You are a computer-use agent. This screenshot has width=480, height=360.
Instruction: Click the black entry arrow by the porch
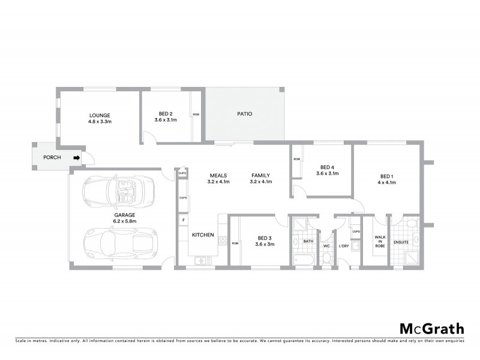pos(76,158)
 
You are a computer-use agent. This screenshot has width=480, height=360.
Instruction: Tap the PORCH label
pos(52,158)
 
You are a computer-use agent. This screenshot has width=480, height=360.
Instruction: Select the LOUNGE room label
pos(100,115)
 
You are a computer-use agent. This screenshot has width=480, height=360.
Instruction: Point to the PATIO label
pos(244,113)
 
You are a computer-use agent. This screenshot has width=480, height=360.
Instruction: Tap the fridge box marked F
pos(182,220)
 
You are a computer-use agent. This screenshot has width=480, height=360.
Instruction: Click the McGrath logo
pos(431,328)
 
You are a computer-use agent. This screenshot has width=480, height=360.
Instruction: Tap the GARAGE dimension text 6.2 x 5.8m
pos(125,221)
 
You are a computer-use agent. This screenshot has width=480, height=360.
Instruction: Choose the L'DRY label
pos(344,246)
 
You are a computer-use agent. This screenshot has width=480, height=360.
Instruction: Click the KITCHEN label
pos(203,235)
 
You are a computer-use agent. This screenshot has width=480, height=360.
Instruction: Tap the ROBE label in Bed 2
pos(196,115)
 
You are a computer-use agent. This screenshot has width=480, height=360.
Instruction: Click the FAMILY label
pos(261,175)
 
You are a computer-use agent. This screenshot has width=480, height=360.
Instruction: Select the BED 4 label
pos(327,167)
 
